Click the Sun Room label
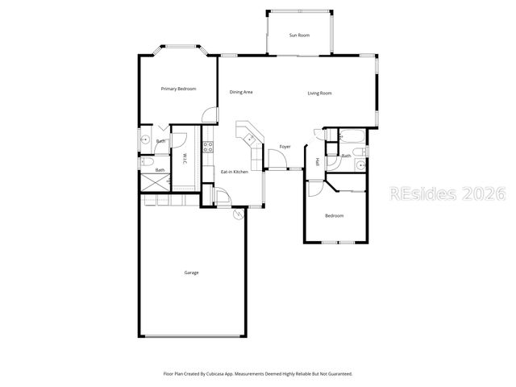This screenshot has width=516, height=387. pyautogui.click(x=299, y=35)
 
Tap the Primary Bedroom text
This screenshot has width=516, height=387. pyautogui.click(x=178, y=89)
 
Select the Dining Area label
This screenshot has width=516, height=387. pyautogui.click(x=241, y=93)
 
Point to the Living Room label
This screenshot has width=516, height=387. pyautogui.click(x=319, y=94)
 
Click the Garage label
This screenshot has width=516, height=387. pyautogui.click(x=191, y=273)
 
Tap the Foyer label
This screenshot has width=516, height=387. pyautogui.click(x=285, y=147)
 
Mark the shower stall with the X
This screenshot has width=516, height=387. pyautogui.click(x=154, y=183)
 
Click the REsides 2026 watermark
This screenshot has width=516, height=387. pyautogui.click(x=446, y=193)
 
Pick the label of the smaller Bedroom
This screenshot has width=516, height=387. pyautogui.click(x=334, y=216)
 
